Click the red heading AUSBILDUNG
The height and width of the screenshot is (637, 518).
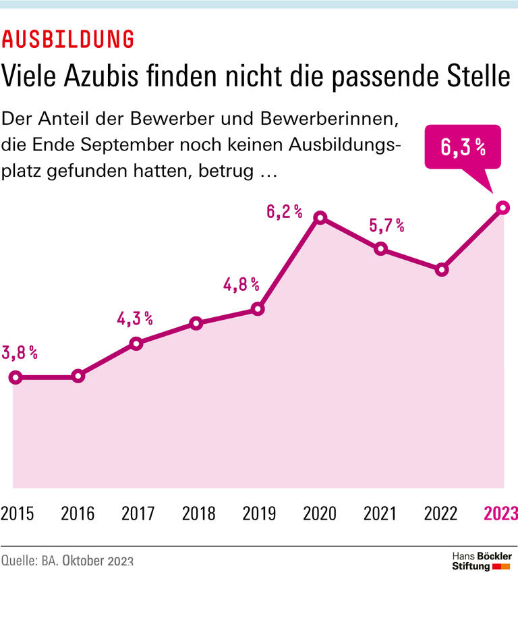click(67, 39)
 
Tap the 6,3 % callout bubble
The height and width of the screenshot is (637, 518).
click(463, 148)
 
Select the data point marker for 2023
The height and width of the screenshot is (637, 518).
click(502, 208)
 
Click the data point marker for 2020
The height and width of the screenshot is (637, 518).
click(321, 217)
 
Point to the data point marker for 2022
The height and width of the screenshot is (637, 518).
click(442, 269)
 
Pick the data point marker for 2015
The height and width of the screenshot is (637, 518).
click(17, 377)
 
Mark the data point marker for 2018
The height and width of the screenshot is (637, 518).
click(196, 323)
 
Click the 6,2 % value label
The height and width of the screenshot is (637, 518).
click(284, 212)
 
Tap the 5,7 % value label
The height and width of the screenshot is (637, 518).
click(386, 225)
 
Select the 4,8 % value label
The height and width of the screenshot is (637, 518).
click(241, 284)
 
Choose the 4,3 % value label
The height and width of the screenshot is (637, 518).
click(135, 318)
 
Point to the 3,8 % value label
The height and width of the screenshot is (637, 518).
click(19, 352)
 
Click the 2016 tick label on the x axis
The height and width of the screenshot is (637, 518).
click(78, 514)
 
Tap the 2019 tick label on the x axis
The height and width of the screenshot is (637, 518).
click(259, 514)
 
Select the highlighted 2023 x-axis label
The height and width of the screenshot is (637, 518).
click(500, 514)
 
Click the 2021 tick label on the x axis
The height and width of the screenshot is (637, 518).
click(380, 514)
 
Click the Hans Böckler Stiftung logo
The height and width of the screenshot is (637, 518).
click(481, 561)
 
